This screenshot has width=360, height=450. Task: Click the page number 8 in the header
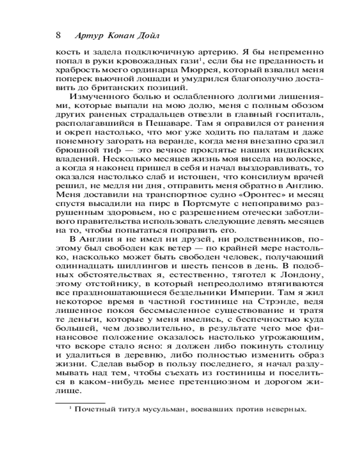click(58, 35)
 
